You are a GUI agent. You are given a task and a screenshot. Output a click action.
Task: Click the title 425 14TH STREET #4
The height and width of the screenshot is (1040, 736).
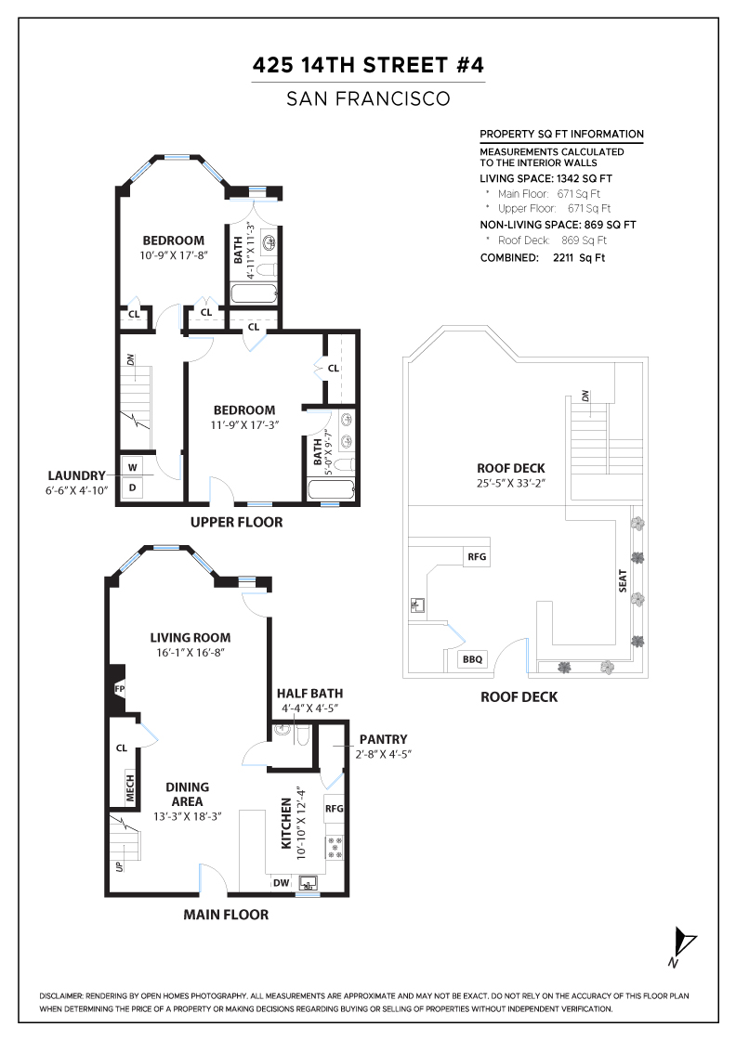368,66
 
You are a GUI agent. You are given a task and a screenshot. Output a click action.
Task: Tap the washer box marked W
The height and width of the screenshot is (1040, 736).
133,467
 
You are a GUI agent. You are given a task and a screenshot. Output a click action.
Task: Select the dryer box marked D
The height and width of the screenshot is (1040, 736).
133,487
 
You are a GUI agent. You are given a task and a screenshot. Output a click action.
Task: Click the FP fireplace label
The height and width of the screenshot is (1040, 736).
119,689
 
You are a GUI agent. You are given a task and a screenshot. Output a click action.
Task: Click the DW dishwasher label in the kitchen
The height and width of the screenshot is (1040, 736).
281,883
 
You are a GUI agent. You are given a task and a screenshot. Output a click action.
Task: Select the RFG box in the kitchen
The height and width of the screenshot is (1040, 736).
335,808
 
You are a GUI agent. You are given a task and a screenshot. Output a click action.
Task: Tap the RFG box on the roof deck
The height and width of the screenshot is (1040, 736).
477,557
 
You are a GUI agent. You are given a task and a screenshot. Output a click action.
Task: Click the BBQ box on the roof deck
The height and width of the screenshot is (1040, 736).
473,659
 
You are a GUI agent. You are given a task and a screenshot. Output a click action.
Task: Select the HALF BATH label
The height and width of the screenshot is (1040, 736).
309,693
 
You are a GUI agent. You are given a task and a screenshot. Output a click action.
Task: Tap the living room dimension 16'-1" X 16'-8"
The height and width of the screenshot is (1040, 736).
191,653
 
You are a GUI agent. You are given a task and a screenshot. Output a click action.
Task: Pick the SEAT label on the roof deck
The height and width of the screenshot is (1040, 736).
623,581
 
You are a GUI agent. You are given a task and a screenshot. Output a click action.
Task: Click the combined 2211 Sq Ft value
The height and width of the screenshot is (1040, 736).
578,257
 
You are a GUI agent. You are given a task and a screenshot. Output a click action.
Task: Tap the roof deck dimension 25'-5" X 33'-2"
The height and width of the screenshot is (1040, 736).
510,483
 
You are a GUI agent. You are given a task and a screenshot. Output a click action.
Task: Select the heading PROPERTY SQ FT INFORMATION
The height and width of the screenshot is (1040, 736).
561,134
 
